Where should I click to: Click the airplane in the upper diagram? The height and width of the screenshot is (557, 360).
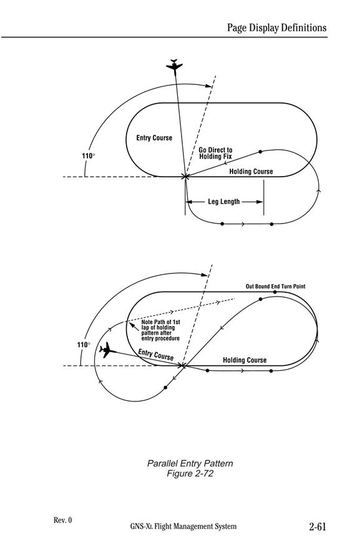(x=174, y=66)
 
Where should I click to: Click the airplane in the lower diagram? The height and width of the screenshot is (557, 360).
(x=107, y=350)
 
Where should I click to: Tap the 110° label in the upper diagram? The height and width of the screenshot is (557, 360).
(x=89, y=156)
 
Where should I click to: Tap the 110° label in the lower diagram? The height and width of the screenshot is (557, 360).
(x=84, y=345)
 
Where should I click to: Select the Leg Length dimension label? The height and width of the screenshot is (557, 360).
(x=223, y=202)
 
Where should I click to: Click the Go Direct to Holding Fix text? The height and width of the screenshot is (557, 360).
(x=215, y=153)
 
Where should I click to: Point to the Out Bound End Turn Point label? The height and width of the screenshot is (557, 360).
(x=276, y=287)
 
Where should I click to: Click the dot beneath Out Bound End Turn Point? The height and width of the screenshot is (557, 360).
(x=275, y=292)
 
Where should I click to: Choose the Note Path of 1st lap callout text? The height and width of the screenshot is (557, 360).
(x=160, y=330)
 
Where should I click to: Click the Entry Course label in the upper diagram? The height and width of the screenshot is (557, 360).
(x=154, y=138)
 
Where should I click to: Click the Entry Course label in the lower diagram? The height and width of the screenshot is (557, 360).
(x=155, y=355)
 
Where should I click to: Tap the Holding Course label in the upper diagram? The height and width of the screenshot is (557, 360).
(x=251, y=172)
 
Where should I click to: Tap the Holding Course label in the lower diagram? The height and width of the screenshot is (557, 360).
(x=245, y=360)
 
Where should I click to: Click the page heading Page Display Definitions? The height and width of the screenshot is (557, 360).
(x=277, y=27)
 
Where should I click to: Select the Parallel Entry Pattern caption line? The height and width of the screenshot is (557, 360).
(x=190, y=463)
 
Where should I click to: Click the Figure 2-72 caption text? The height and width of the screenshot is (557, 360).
(x=190, y=473)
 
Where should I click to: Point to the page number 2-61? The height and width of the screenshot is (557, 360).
(x=318, y=526)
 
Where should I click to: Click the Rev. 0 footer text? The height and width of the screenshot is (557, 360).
(x=62, y=520)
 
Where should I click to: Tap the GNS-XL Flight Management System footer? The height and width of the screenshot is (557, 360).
(x=183, y=526)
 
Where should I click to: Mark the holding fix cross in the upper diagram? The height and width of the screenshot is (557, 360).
(x=185, y=177)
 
